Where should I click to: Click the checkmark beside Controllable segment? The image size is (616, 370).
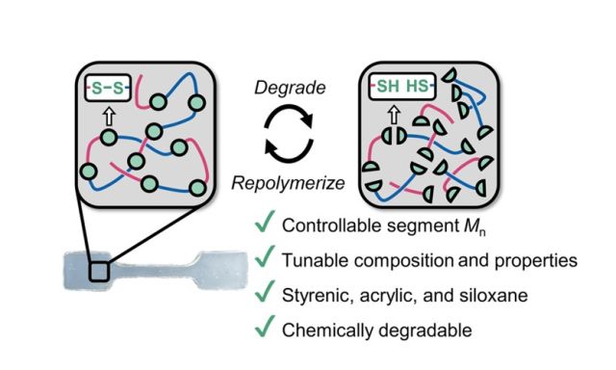260,226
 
